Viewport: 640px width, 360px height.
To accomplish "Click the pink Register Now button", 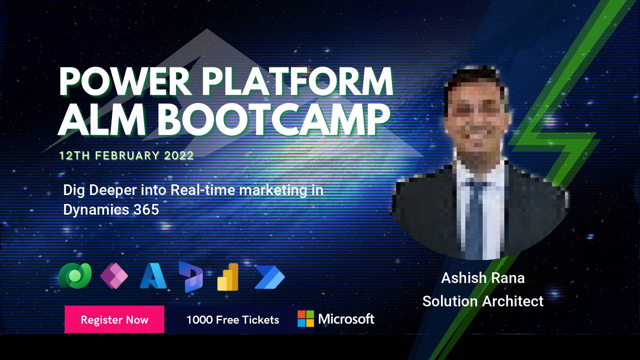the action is coord(114,319).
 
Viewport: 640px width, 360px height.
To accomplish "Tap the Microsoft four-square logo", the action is coord(306,319).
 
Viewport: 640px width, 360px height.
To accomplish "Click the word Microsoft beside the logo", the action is coord(346,319).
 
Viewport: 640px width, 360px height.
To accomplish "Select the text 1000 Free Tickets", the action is coord(233,320).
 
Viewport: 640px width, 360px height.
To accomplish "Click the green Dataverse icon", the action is coord(75,276).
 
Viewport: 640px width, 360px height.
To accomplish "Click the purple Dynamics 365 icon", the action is coord(191,277).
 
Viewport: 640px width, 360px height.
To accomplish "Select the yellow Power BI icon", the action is coord(228,277).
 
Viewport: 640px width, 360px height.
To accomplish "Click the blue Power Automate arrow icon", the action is coord(270,277).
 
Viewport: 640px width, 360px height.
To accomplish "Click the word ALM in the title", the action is coord(102,119).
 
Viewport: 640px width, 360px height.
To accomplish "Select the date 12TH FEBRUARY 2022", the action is coord(126,156).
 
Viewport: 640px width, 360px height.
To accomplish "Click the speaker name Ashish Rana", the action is coord(483,278).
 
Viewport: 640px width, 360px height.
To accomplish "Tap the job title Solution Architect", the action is coord(483,301).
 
